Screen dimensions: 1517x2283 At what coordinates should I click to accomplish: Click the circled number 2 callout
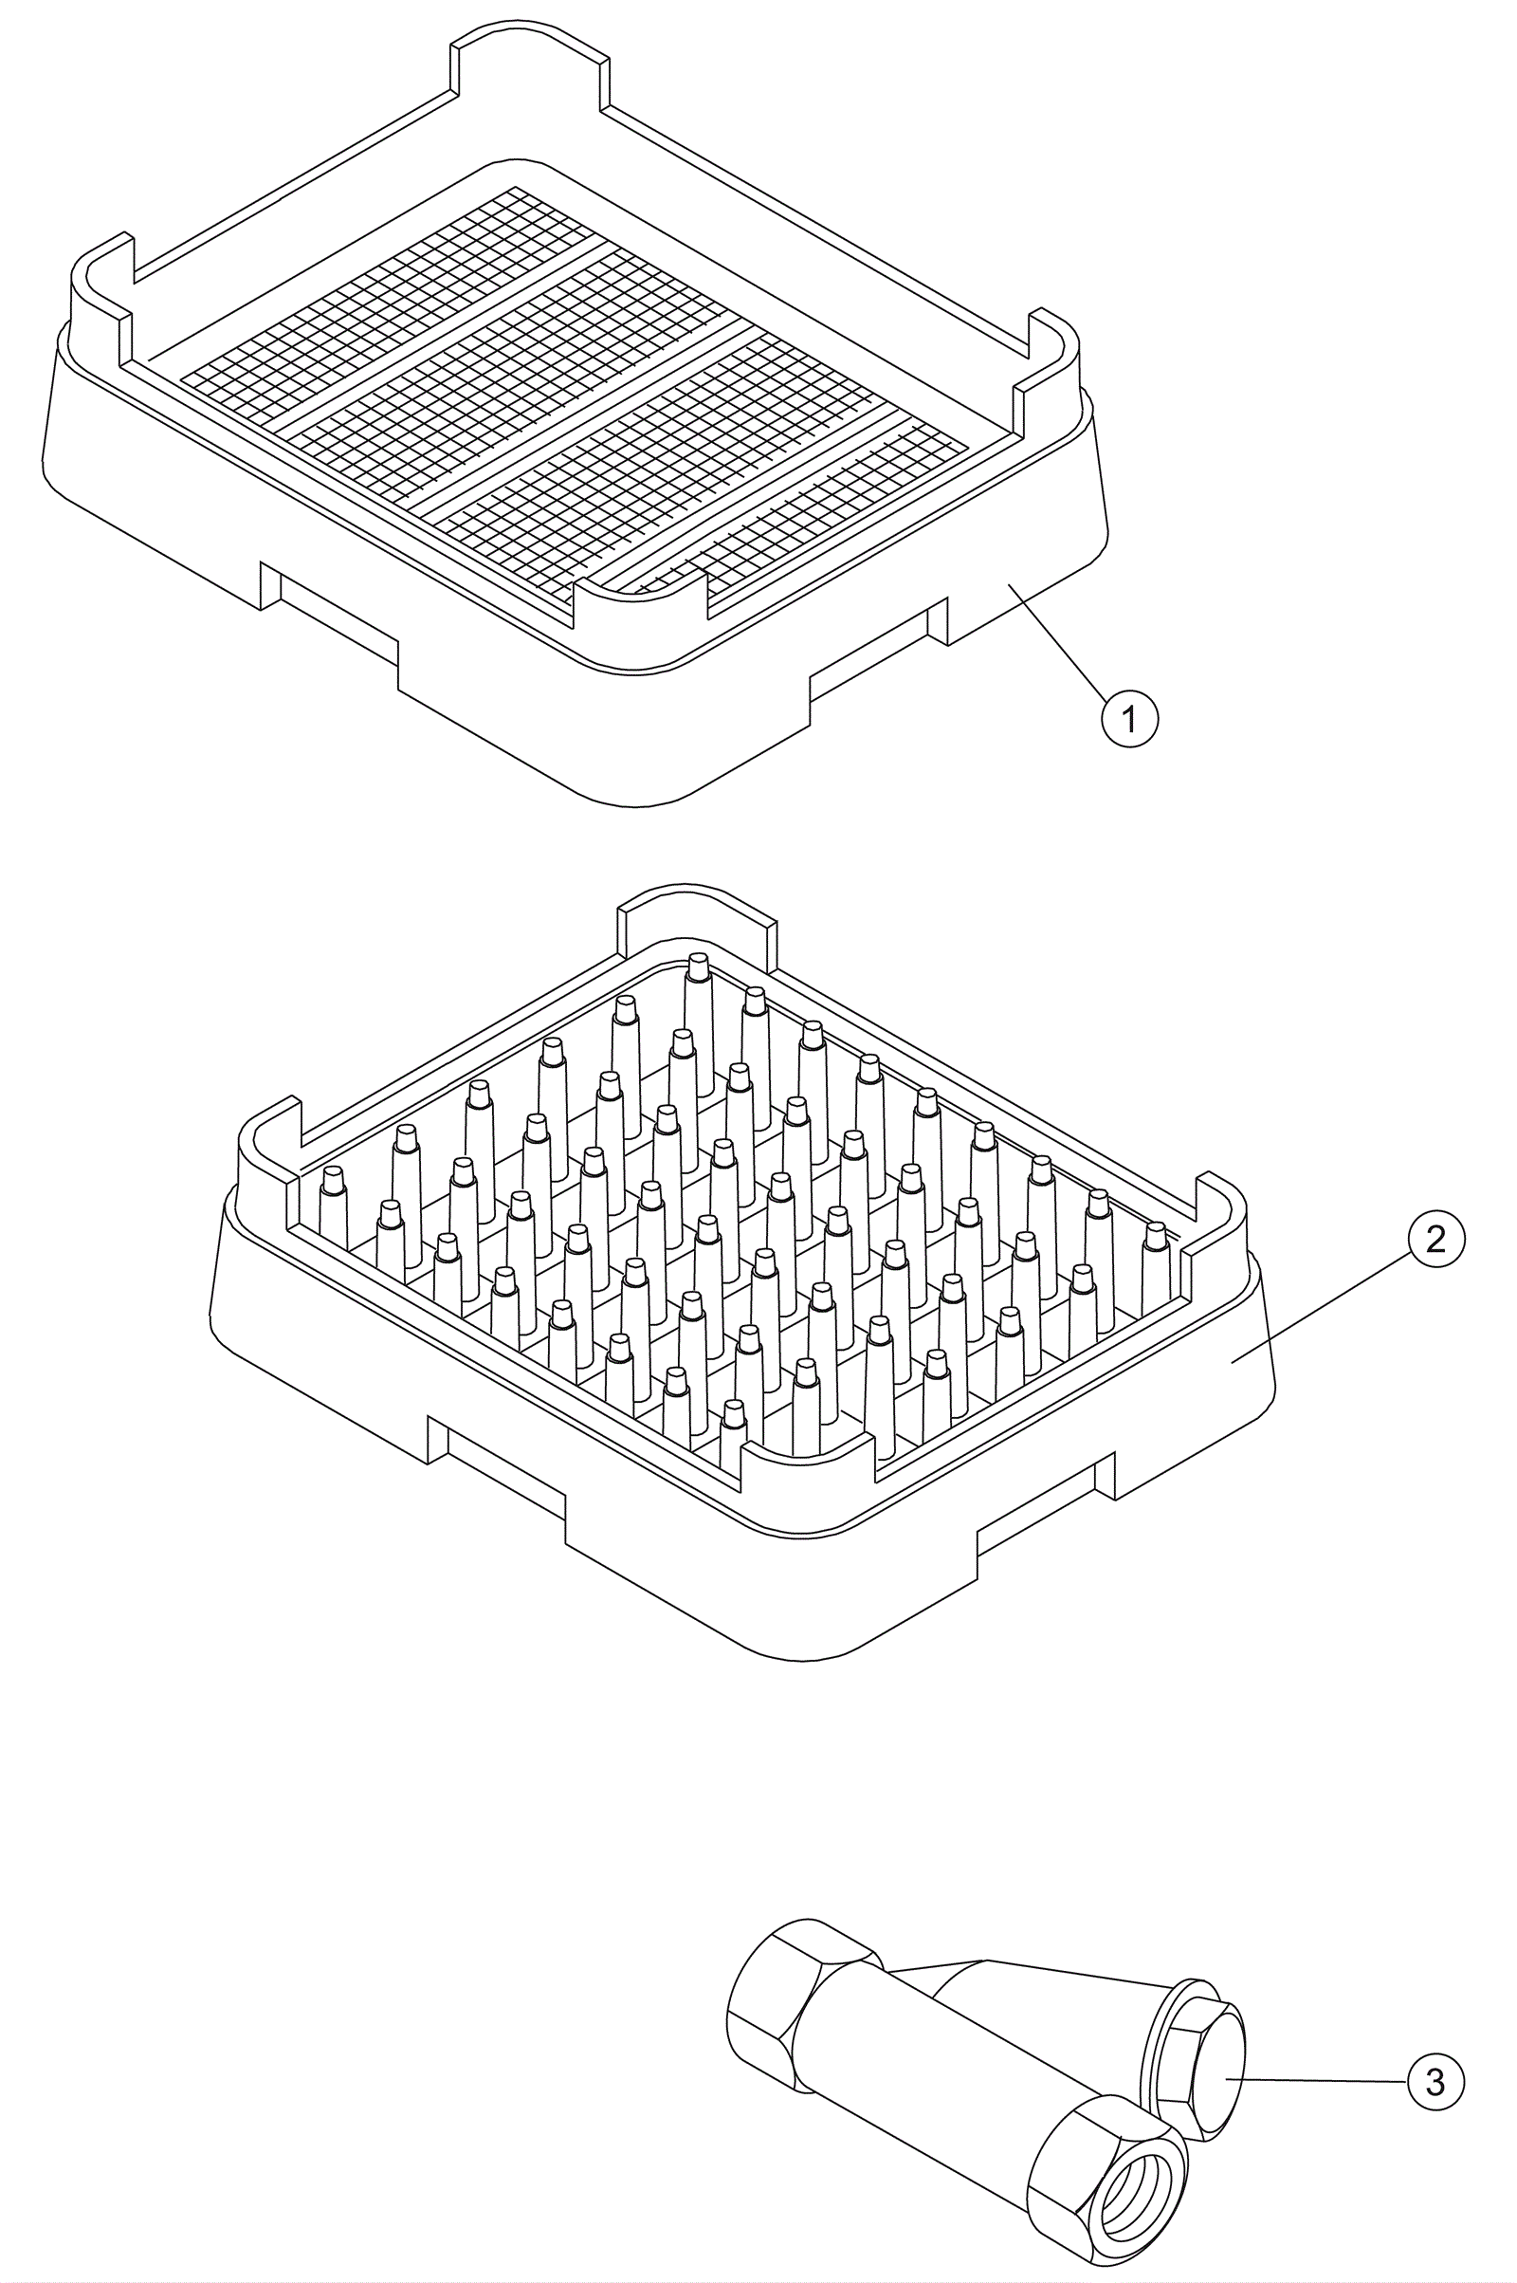(x=1435, y=1239)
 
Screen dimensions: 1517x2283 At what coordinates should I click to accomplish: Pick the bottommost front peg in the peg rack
(x=734, y=1433)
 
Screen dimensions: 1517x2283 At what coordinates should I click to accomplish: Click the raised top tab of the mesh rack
(x=530, y=60)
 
